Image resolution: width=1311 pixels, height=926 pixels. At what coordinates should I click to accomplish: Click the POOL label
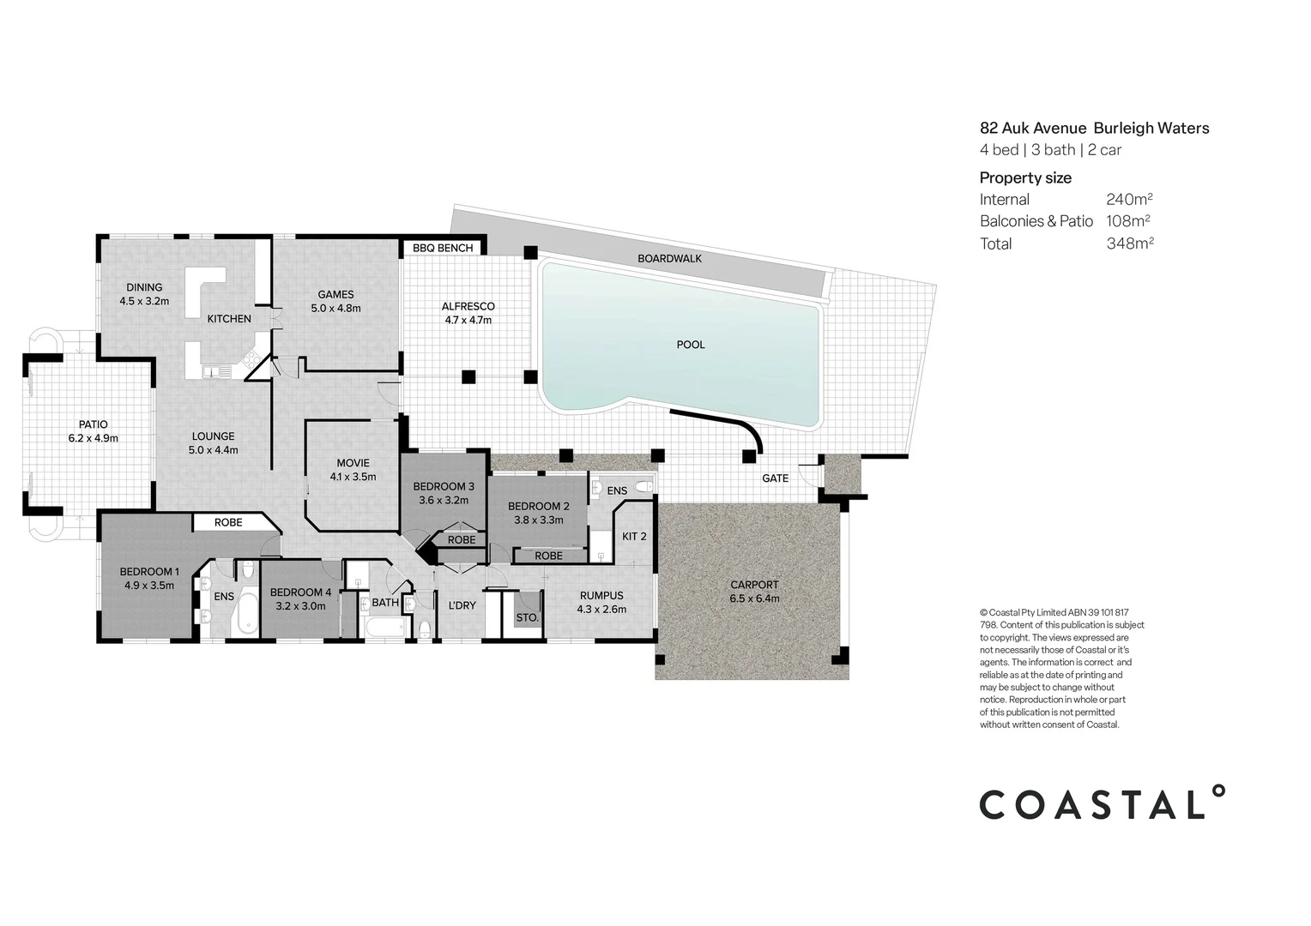pyautogui.click(x=690, y=345)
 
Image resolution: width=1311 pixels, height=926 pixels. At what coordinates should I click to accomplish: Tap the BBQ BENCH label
pyautogui.click(x=443, y=248)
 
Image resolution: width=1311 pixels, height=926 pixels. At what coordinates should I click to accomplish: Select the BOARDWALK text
pyautogui.click(x=669, y=258)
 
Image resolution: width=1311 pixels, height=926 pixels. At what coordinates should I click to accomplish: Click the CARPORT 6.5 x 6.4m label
pyautogui.click(x=754, y=592)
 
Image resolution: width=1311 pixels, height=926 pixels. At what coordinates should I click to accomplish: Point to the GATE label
pyautogui.click(x=775, y=478)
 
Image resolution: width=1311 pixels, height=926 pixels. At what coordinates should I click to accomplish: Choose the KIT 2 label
pyautogui.click(x=634, y=536)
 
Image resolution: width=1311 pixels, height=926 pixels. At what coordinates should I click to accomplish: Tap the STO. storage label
pyautogui.click(x=527, y=617)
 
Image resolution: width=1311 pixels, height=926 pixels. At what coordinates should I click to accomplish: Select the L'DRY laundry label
pyautogui.click(x=462, y=605)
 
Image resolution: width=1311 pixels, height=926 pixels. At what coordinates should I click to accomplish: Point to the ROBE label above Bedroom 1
pyautogui.click(x=228, y=522)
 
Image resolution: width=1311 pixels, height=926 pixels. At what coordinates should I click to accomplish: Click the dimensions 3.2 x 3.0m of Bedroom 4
pyautogui.click(x=300, y=605)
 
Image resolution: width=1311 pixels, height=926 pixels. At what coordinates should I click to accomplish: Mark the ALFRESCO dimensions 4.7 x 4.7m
pyautogui.click(x=468, y=320)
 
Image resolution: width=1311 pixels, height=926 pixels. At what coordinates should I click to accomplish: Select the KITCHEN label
pyautogui.click(x=229, y=319)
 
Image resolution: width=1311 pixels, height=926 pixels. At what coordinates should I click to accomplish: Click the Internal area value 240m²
pyautogui.click(x=1129, y=199)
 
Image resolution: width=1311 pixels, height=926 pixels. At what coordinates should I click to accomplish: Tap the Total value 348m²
pyautogui.click(x=1129, y=244)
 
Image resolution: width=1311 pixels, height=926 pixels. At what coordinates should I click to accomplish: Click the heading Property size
pyautogui.click(x=1025, y=177)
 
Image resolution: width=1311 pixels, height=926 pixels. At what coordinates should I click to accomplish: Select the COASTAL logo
pyautogui.click(x=1103, y=803)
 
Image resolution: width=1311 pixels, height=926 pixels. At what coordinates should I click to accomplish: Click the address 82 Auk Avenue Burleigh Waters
pyautogui.click(x=1094, y=128)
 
